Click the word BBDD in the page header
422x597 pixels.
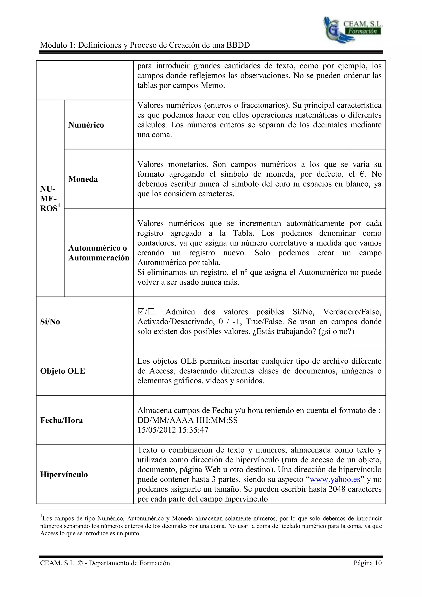238,45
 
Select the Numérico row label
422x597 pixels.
86,125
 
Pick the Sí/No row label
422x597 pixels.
50,322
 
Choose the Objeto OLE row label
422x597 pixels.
63,371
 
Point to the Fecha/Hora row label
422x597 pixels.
62,421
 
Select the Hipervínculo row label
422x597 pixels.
64,475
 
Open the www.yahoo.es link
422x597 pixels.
335,479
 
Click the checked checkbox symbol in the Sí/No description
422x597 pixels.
141,311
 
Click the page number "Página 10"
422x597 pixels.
367,563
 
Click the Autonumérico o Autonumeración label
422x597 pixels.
98,253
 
